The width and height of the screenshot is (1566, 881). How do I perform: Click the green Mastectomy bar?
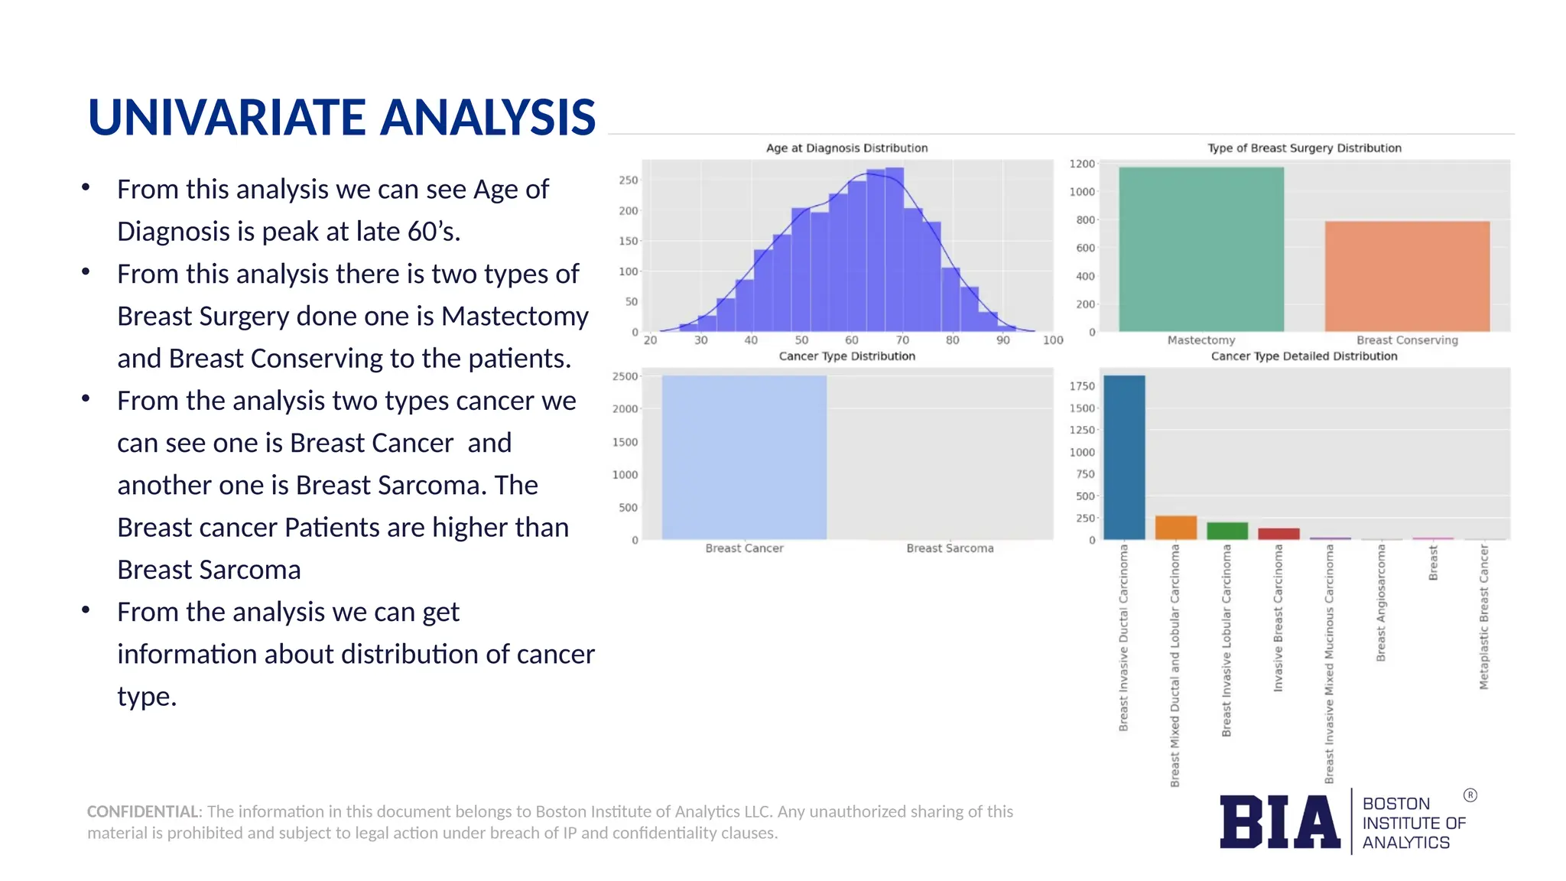coord(1200,249)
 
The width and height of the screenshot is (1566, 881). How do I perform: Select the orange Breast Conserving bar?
coord(1407,276)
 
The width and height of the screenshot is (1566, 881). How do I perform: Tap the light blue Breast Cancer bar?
coord(743,457)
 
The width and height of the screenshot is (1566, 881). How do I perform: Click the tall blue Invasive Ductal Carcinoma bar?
coord(1124,457)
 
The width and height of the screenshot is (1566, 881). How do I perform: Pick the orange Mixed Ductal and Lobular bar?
coord(1175,528)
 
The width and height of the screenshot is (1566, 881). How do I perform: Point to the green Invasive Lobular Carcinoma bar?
coord(1226,531)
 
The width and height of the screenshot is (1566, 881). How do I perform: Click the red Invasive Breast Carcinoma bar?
coord(1278,534)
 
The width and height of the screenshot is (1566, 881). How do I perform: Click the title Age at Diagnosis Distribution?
coord(846,148)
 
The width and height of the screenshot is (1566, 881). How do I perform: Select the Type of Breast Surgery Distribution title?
coord(1304,148)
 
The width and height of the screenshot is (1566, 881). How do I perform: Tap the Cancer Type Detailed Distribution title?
coord(1304,356)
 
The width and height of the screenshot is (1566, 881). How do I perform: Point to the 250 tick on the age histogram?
coord(628,180)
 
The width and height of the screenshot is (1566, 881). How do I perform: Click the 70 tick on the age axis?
coord(902,340)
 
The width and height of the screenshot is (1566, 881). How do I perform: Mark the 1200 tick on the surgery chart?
coord(1082,164)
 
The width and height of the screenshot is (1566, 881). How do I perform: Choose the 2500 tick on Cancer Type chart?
coord(625,376)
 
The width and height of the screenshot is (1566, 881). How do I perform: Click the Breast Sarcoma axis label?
coord(950,548)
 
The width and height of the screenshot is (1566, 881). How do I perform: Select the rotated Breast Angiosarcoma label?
coord(1380,603)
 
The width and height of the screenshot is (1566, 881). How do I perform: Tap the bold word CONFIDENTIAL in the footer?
coord(143,811)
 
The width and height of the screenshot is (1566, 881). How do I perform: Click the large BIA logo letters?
coord(1279,822)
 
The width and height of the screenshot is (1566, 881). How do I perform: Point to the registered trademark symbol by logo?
coord(1470,795)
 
